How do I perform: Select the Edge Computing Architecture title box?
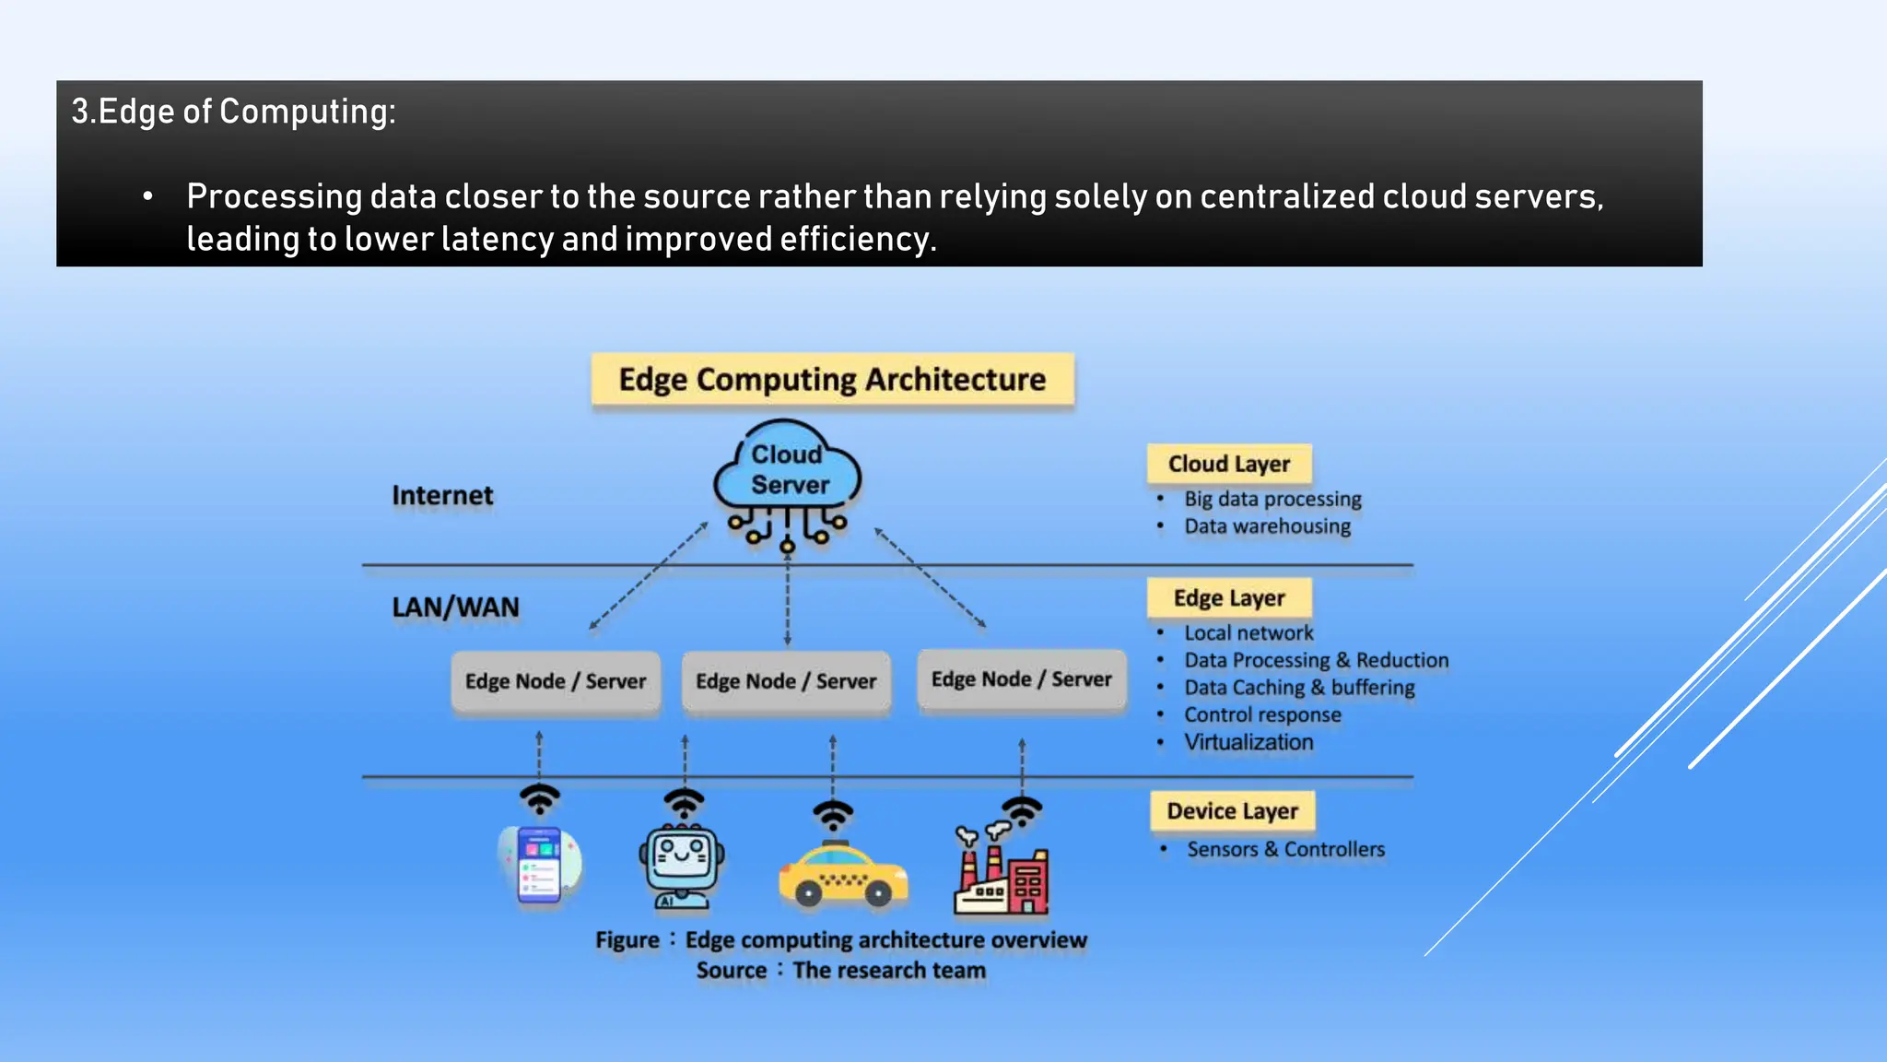(832, 379)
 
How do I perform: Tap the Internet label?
(442, 495)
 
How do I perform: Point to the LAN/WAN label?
(455, 607)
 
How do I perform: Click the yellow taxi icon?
(842, 875)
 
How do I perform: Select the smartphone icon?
(540, 865)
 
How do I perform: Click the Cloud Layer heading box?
(1228, 464)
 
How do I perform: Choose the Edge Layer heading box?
(1228, 598)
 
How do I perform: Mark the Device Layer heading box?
(1232, 811)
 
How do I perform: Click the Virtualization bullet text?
(1248, 742)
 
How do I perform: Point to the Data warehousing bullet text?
(1267, 526)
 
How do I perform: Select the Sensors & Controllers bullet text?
(1285, 849)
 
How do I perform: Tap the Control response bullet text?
(1262, 714)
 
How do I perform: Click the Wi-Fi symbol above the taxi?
(833, 814)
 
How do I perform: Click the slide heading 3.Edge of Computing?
(234, 112)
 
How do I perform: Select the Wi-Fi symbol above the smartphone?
(540, 797)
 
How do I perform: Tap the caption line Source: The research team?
(840, 970)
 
